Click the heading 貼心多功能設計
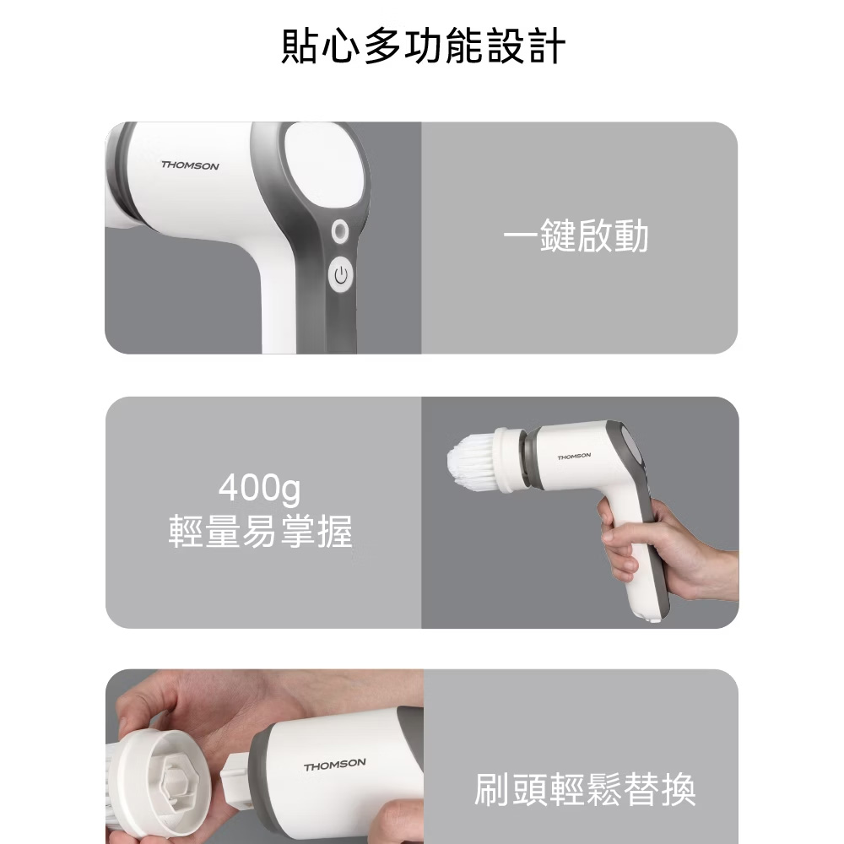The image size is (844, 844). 423,46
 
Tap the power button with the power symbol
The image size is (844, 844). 341,276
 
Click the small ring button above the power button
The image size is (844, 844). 339,231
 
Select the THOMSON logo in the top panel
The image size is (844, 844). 190,165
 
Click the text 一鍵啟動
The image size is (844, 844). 576,235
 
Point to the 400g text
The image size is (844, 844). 259,488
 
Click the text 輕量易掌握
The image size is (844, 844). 261,531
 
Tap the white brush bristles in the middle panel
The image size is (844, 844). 470,459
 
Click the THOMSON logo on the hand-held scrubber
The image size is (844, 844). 574,457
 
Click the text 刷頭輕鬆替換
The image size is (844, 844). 585,790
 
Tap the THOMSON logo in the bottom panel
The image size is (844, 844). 334,765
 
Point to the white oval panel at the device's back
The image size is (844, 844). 326,165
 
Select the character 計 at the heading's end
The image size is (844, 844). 548,46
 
